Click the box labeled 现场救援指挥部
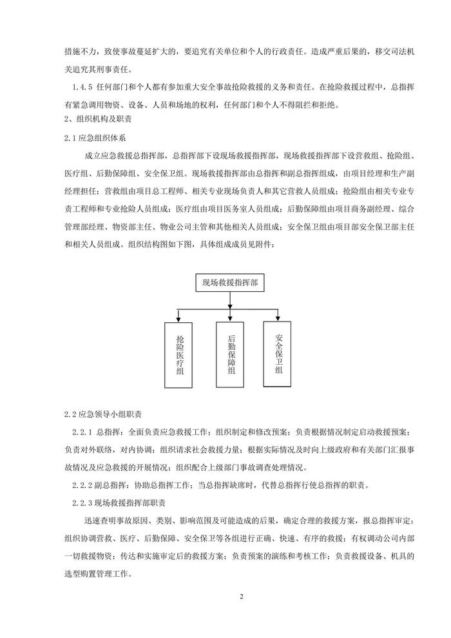(231, 282)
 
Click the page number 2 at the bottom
(242, 596)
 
